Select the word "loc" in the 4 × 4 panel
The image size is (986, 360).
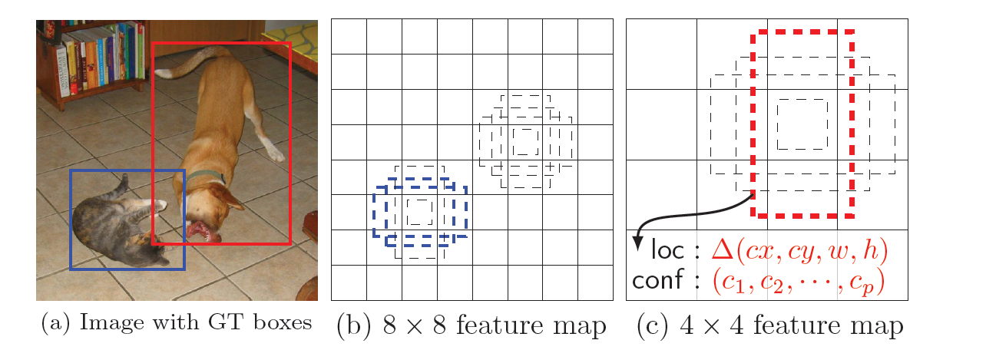[667, 251]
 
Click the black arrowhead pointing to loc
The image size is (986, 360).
[637, 244]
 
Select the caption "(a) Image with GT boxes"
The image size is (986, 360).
[177, 323]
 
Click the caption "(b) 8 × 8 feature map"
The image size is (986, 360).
[471, 325]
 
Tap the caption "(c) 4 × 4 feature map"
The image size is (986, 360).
[769, 325]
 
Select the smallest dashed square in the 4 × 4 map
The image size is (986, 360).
[802, 124]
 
